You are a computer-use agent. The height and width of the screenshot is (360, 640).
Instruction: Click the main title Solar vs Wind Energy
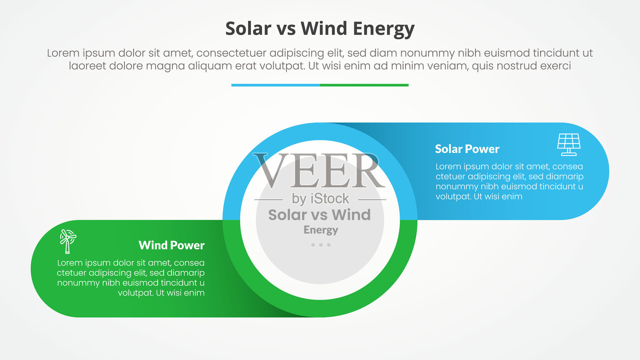pyautogui.click(x=320, y=29)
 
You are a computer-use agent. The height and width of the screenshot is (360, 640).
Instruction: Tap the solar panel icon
pyautogui.click(x=568, y=144)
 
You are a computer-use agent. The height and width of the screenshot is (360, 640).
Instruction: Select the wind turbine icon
pyautogui.click(x=68, y=242)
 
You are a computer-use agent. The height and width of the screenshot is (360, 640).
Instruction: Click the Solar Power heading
pyautogui.click(x=467, y=149)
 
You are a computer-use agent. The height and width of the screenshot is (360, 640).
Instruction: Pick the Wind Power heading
pyautogui.click(x=172, y=245)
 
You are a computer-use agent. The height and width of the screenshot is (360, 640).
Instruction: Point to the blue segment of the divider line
pyautogui.click(x=276, y=85)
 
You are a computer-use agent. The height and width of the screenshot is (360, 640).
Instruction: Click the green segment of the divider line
pyautogui.click(x=364, y=85)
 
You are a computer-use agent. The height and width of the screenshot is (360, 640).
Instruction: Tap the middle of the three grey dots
pyautogui.click(x=321, y=245)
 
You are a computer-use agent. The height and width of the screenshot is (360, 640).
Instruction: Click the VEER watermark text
pyautogui.click(x=319, y=170)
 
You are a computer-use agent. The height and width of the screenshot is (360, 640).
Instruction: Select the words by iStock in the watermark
pyautogui.click(x=320, y=199)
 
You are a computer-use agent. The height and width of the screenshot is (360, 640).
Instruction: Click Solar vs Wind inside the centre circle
pyautogui.click(x=320, y=215)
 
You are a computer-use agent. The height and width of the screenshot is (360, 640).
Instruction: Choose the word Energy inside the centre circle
pyautogui.click(x=320, y=230)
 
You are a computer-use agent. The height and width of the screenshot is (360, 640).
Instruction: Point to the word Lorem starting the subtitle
pyautogui.click(x=63, y=53)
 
